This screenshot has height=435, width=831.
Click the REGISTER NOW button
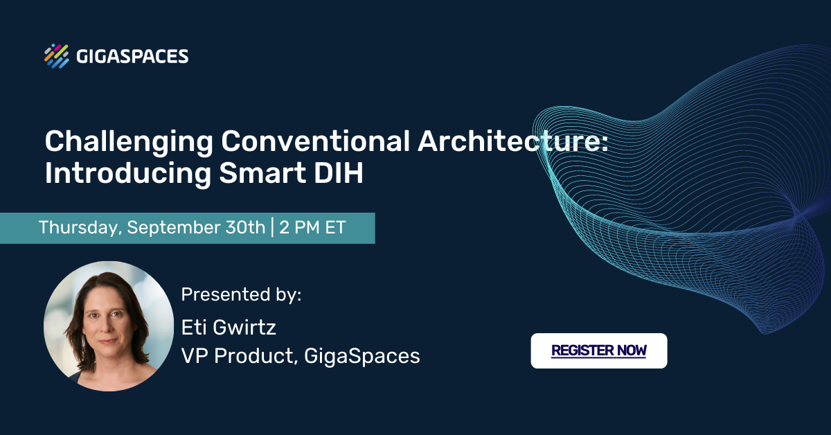pyautogui.click(x=599, y=350)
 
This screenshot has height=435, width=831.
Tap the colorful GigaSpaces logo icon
pyautogui.click(x=57, y=56)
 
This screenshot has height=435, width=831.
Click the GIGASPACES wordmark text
pyautogui.click(x=132, y=56)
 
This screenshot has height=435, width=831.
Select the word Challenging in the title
pyautogui.click(x=129, y=143)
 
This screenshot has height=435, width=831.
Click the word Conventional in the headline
pyautogui.click(x=316, y=141)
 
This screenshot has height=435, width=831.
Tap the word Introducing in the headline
pyautogui.click(x=128, y=174)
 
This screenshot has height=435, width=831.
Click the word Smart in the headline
pyautogui.click(x=262, y=173)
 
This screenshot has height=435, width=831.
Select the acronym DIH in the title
pyautogui.click(x=339, y=173)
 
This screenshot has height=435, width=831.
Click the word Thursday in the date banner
pyautogui.click(x=80, y=228)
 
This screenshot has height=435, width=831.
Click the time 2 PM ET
pyautogui.click(x=312, y=227)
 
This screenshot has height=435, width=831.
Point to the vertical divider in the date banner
pyautogui.click(x=273, y=227)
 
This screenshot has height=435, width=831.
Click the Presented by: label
pyautogui.click(x=241, y=294)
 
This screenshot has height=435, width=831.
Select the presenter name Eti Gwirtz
pyautogui.click(x=229, y=328)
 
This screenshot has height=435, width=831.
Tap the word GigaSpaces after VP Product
pyautogui.click(x=362, y=357)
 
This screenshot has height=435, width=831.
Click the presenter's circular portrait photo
pyautogui.click(x=109, y=326)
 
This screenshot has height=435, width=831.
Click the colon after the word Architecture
pyautogui.click(x=605, y=143)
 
